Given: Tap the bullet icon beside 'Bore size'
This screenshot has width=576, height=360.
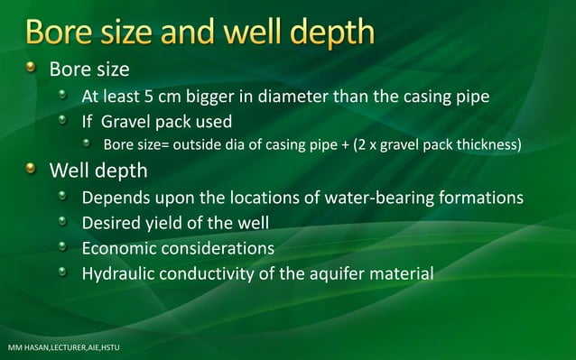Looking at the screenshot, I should coord(33,69).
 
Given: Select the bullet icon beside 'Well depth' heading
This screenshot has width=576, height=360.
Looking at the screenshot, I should coord(33,169).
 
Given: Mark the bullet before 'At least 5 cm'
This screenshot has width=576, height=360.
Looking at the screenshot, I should coord(62,96).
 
